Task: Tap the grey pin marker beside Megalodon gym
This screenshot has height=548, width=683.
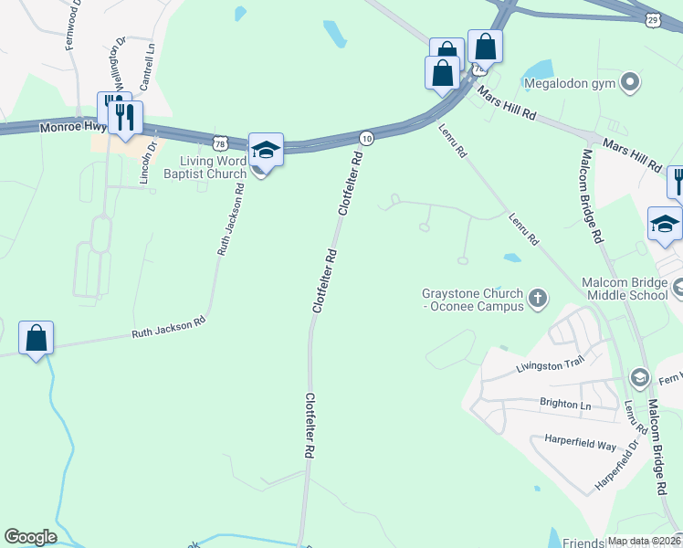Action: coord(629,84)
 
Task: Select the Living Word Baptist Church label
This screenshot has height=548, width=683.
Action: coord(205,167)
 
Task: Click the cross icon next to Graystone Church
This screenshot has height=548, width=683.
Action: coord(538,296)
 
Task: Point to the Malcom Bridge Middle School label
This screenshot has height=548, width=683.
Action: coord(625,289)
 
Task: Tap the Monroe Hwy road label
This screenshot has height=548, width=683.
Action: coord(73,129)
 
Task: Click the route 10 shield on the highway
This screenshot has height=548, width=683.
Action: coord(366,137)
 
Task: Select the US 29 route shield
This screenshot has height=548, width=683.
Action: coord(652,18)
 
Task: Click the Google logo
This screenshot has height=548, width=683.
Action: coord(30,537)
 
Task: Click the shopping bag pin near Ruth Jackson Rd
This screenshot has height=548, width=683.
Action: coord(37,337)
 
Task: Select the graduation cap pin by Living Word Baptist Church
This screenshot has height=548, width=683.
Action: coord(266,150)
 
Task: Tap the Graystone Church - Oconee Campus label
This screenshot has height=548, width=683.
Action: coord(472,300)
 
